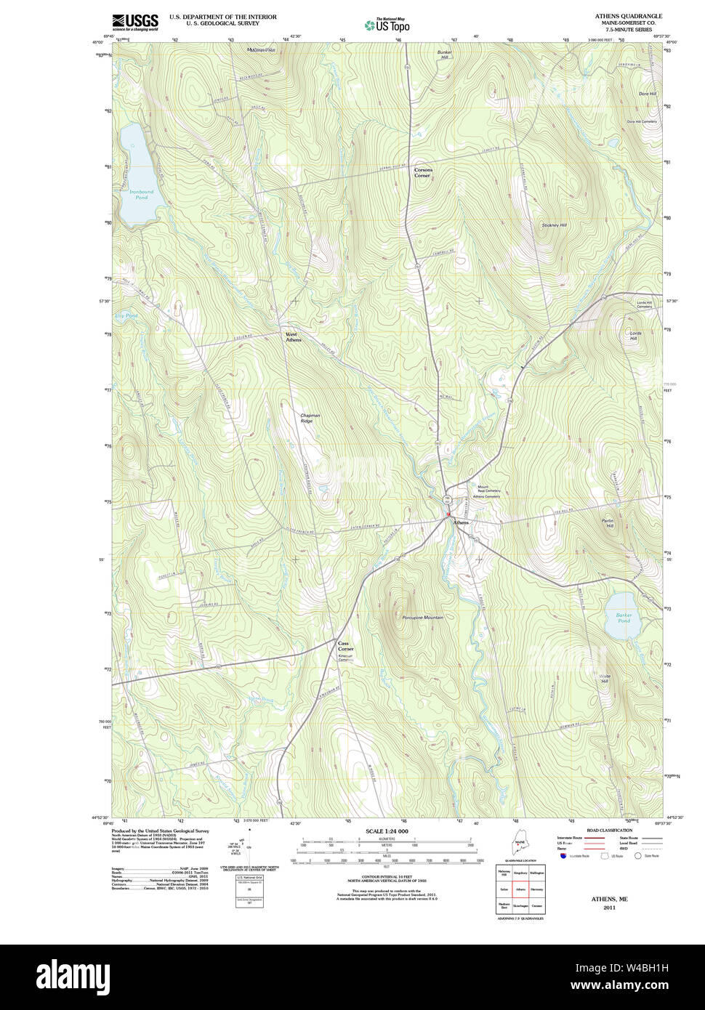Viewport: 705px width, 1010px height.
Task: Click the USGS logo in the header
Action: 134,22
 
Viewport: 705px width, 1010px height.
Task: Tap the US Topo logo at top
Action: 387,25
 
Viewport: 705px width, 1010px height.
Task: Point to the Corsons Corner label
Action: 422,173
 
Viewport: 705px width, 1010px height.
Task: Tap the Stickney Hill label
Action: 554,225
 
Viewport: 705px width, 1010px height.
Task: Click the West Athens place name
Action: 293,337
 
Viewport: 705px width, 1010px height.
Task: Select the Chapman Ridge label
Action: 310,418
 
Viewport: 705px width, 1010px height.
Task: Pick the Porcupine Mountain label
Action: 422,618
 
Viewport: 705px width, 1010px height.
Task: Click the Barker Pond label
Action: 624,618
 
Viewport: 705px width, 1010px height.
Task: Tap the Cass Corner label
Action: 345,646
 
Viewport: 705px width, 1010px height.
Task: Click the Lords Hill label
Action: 634,336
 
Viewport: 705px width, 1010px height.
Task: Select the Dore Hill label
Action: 647,94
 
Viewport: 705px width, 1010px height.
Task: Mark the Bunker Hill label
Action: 444,54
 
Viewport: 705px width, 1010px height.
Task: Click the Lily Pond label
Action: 126,316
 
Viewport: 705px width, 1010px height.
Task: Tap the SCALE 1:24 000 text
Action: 387,831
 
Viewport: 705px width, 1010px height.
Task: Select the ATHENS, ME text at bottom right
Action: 609,899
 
